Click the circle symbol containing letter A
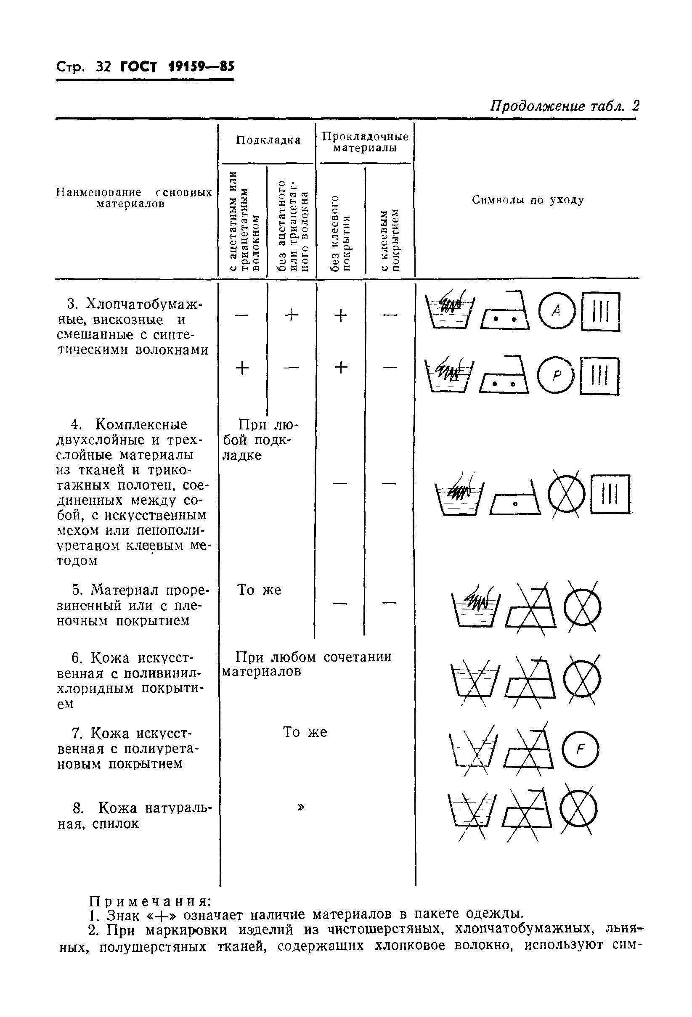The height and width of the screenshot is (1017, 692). click(556, 311)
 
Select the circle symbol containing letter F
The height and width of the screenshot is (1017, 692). click(581, 750)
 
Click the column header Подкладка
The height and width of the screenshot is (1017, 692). click(268, 140)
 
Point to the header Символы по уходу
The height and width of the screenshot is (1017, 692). click(528, 200)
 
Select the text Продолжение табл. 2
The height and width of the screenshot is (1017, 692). click(565, 106)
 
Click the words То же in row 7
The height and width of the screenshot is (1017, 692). click(305, 732)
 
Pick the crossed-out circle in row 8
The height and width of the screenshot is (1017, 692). click(579, 810)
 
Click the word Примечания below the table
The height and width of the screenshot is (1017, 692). click(151, 901)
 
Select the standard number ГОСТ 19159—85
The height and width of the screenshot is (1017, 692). click(178, 66)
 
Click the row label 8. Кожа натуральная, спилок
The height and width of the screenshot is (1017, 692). click(133, 815)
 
